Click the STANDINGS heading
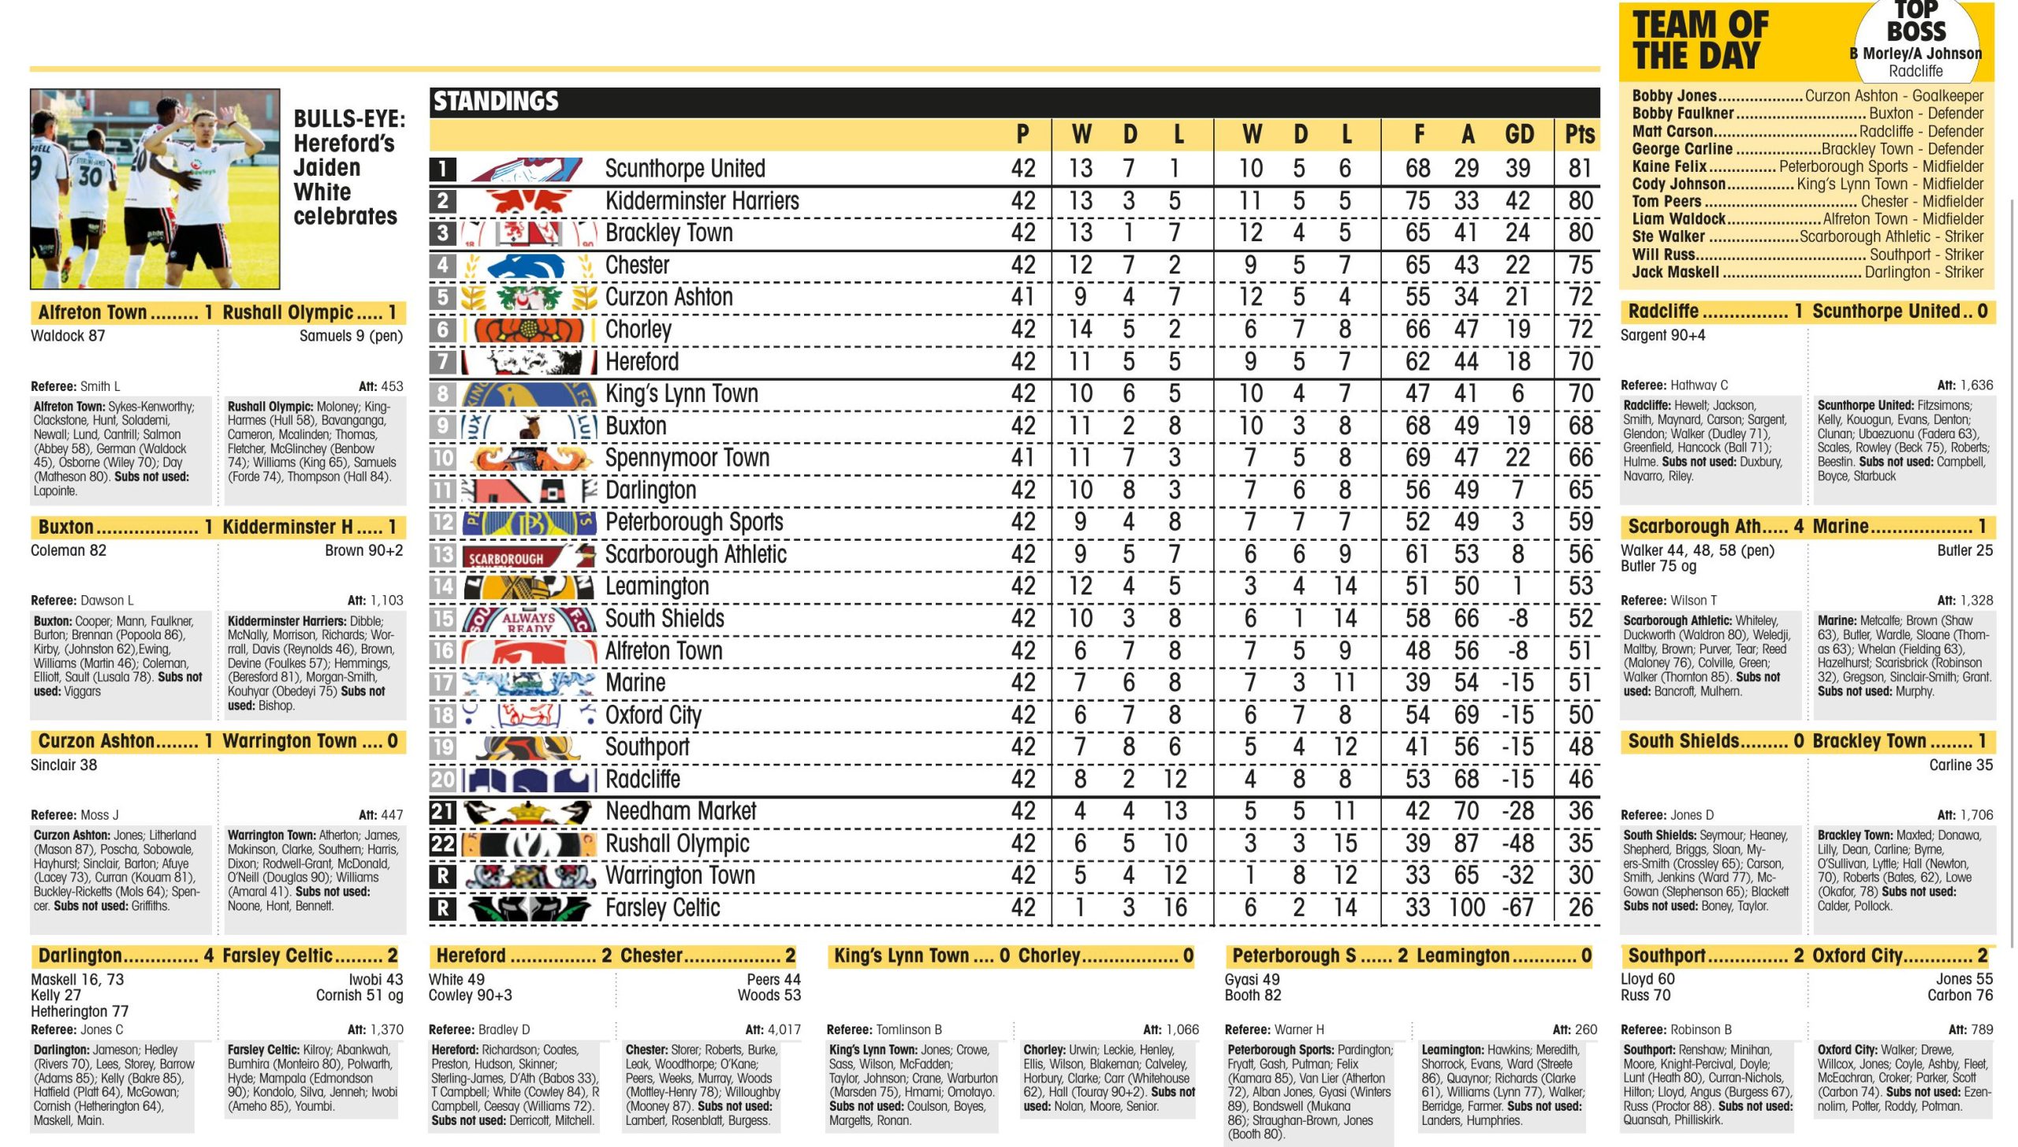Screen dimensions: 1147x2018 click(x=496, y=102)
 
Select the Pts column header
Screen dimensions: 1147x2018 click(x=1579, y=135)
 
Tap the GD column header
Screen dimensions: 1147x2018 click(x=1518, y=135)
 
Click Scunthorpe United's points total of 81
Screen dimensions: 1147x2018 click(x=1580, y=168)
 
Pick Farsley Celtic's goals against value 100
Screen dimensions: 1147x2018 click(x=1467, y=907)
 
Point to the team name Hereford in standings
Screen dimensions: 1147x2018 click(x=642, y=362)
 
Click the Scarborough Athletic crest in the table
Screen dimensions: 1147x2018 click(x=528, y=555)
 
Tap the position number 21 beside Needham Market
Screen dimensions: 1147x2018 click(x=443, y=811)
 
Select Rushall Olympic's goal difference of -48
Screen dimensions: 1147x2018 click(x=1517, y=843)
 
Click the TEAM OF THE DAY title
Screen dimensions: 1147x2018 click(x=1701, y=41)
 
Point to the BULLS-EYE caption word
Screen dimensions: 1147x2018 click(x=349, y=119)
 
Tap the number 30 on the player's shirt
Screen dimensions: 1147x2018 click(x=89, y=174)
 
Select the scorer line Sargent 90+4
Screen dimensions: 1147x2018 click(x=1662, y=336)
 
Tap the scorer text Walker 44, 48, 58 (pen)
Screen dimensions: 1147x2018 click(x=1697, y=550)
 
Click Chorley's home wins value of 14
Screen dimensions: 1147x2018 click(x=1080, y=330)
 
